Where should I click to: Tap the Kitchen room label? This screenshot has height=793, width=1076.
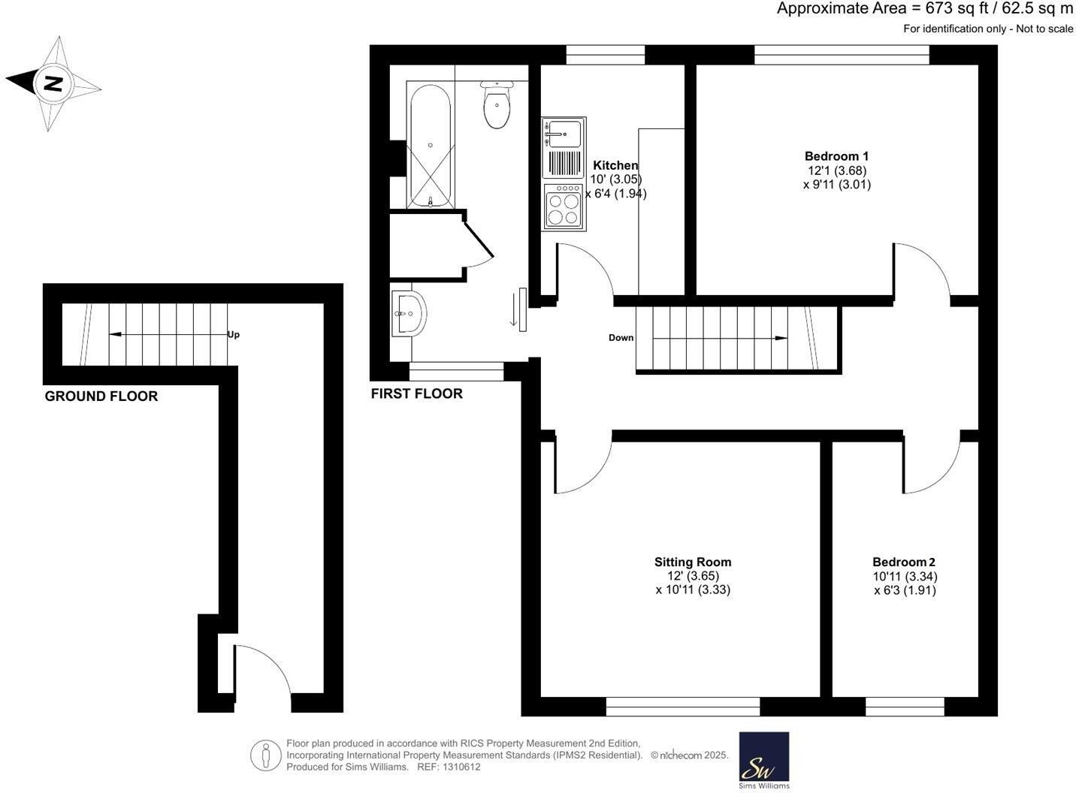pyautogui.click(x=615, y=165)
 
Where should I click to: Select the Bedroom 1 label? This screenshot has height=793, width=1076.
pyautogui.click(x=836, y=156)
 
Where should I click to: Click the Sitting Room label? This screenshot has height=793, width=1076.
pyautogui.click(x=692, y=562)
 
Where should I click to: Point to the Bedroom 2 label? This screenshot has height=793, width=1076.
pyautogui.click(x=903, y=562)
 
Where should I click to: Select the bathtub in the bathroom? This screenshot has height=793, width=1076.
pyautogui.click(x=429, y=146)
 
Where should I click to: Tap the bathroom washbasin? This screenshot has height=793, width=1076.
pyautogui.click(x=408, y=313)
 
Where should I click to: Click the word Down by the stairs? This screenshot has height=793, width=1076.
pyautogui.click(x=621, y=338)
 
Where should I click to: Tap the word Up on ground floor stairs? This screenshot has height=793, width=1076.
pyautogui.click(x=234, y=335)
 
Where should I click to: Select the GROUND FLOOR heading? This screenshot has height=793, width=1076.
pyautogui.click(x=101, y=396)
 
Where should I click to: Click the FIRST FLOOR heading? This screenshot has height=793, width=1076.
pyautogui.click(x=416, y=393)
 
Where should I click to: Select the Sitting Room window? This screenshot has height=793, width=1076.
pyautogui.click(x=682, y=707)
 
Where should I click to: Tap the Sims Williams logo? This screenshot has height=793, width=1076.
pyautogui.click(x=763, y=758)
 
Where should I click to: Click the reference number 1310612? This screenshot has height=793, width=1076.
pyautogui.click(x=461, y=767)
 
